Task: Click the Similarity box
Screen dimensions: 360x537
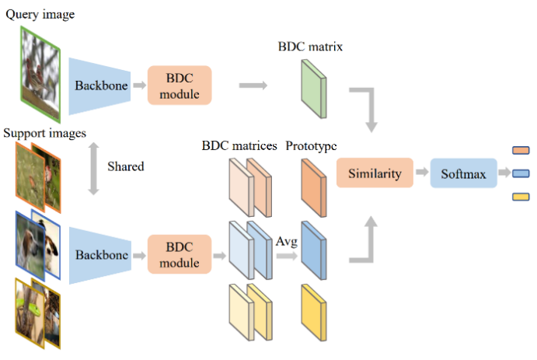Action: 375,173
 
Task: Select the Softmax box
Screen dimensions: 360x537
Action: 463,174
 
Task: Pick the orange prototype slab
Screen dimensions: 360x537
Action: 310,187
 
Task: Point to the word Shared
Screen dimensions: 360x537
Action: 126,167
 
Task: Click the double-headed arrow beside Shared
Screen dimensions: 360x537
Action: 92,168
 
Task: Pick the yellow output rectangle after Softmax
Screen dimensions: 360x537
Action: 521,196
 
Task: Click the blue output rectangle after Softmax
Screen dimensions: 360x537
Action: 521,173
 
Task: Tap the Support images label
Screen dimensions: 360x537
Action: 44,133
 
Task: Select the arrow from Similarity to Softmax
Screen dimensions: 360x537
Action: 420,173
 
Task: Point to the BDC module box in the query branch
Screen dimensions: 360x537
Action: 180,86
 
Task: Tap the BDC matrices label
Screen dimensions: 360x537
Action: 240,145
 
